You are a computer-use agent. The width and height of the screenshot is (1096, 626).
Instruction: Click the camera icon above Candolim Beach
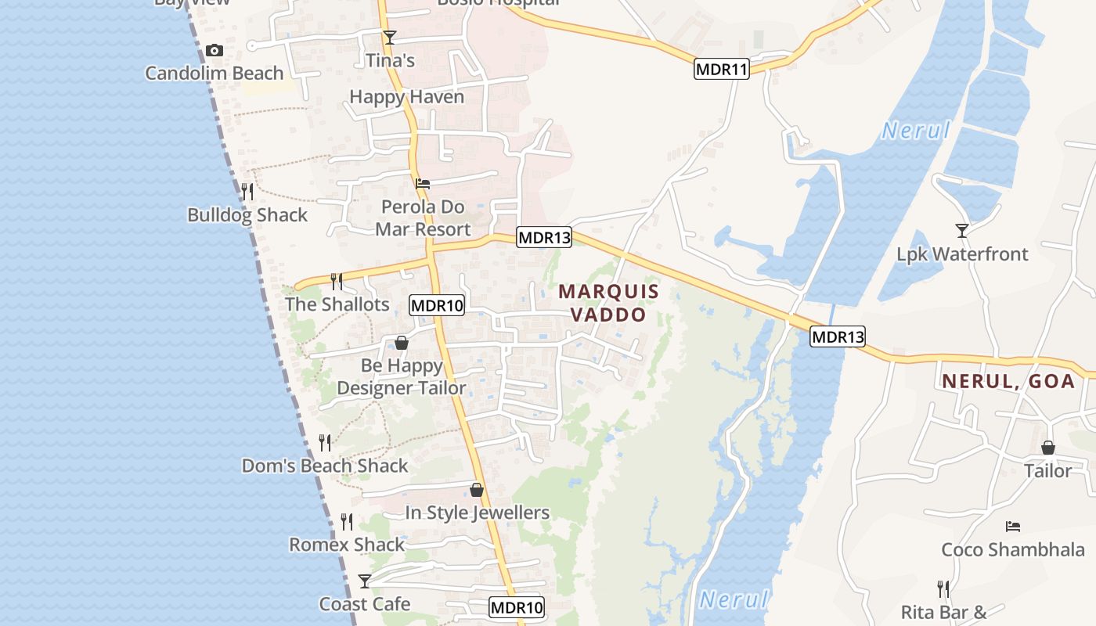coord(214,51)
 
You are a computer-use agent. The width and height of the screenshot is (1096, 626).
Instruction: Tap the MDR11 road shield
coord(722,69)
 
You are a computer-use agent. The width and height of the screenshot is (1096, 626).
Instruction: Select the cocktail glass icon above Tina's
coord(390,37)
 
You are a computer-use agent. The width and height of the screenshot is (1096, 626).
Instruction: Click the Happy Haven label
coord(406,97)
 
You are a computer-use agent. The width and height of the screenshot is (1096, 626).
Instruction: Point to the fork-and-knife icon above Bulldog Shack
coord(247,192)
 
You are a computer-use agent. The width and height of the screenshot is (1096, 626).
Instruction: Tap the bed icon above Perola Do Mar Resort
coord(423,184)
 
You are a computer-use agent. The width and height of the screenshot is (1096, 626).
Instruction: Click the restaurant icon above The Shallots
coord(337,282)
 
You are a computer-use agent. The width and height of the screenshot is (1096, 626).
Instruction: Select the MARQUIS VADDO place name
coord(609,303)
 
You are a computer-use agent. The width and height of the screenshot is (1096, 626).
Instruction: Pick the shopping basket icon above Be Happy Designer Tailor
coord(402,343)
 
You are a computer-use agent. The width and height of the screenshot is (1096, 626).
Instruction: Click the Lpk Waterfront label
coord(962,254)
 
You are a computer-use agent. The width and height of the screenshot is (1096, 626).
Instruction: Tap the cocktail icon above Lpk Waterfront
coord(962,230)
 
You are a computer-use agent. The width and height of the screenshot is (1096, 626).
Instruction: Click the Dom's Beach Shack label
coord(325,466)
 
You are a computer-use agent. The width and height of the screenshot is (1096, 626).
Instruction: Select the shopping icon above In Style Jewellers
coord(477,490)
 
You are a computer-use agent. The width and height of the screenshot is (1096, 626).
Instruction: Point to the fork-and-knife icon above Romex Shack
coord(347,521)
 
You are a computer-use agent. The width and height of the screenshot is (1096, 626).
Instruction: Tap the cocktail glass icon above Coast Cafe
coord(365,581)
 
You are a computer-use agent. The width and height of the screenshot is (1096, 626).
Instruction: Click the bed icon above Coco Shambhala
coord(1013,526)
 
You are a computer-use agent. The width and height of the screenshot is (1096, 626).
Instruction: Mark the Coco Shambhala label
coord(1013,549)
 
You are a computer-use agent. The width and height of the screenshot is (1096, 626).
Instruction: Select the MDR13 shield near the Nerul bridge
coord(838,336)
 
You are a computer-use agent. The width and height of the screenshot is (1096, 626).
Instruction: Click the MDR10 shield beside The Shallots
coord(437,305)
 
